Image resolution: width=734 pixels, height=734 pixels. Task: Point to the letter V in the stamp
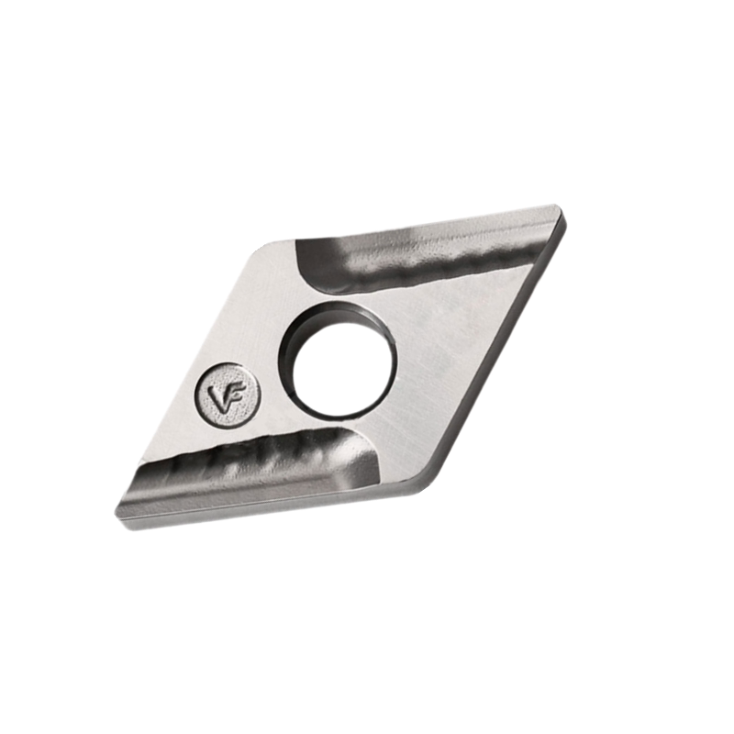coord(218,397)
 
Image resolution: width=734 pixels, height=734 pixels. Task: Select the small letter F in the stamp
coord(235,395)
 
